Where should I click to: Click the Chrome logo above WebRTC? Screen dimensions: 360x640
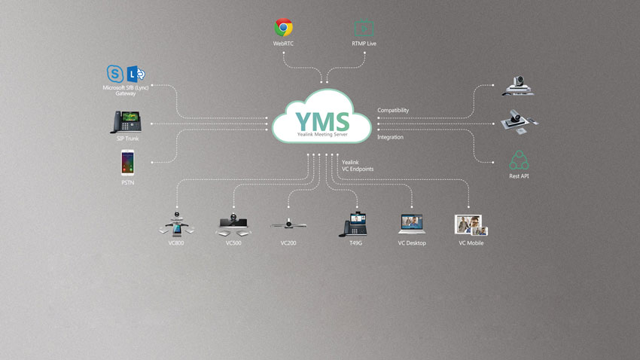(x=283, y=28)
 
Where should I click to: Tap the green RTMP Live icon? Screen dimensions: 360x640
(x=364, y=28)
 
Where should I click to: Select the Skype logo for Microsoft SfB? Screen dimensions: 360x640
(x=116, y=74)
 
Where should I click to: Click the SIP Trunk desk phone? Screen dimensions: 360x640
(x=126, y=122)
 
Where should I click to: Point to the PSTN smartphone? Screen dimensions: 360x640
(x=126, y=163)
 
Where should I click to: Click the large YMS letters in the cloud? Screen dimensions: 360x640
(x=322, y=121)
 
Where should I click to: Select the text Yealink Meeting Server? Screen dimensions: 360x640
(x=322, y=134)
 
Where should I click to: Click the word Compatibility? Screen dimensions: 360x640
(x=393, y=111)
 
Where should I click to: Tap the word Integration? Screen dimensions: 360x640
(x=390, y=137)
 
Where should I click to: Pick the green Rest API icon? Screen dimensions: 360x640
(x=519, y=160)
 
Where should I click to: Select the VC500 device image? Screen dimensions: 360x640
(x=234, y=224)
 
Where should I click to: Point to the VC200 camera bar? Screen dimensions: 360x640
(x=288, y=224)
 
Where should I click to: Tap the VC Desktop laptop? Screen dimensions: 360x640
(x=412, y=224)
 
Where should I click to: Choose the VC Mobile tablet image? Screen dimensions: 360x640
(x=471, y=224)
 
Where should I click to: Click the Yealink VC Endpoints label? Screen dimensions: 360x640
(x=357, y=166)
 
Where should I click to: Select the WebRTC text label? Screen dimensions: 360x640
(x=283, y=44)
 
